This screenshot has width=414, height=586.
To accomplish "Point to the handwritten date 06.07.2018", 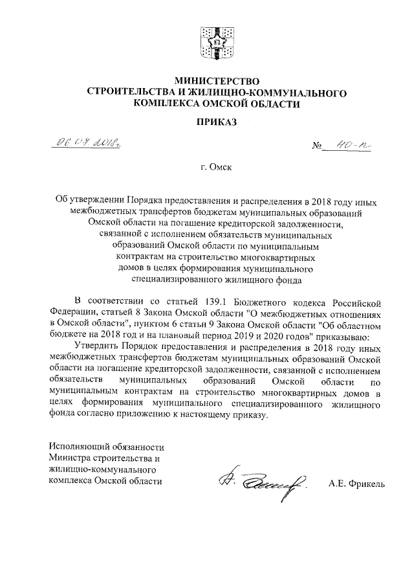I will click(x=82, y=143).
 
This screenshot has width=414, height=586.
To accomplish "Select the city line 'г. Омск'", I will click(x=216, y=168).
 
